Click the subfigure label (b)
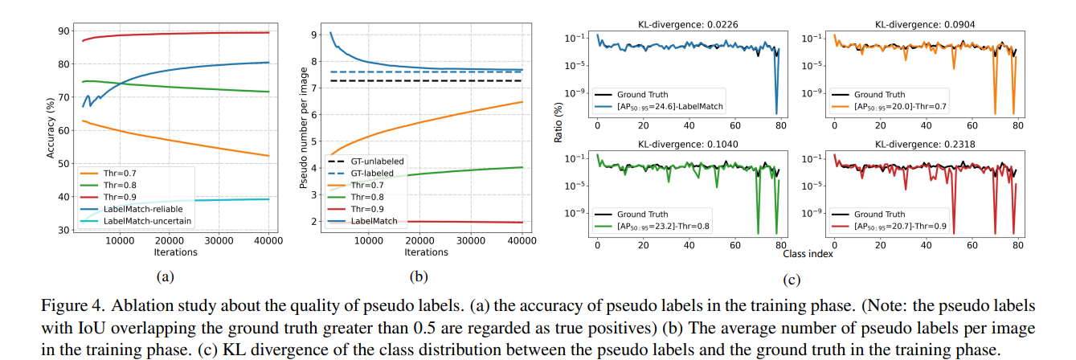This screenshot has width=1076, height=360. pos(419,276)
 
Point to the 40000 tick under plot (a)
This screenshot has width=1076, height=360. pos(267,241)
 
